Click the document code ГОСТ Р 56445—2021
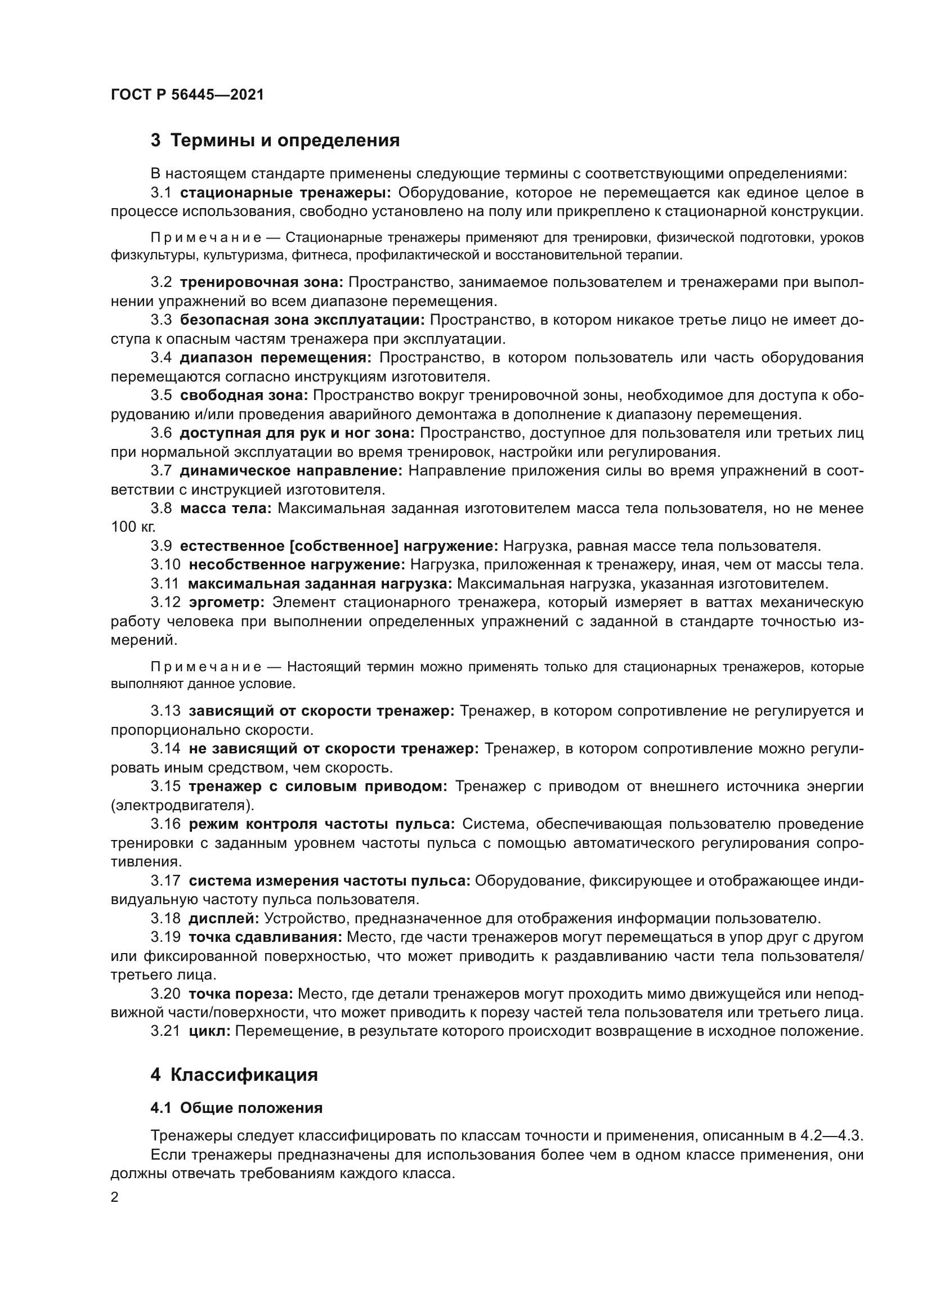[187, 95]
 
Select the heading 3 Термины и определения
[275, 141]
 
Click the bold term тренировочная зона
[261, 282]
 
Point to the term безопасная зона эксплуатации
[302, 320]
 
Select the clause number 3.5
[161, 396]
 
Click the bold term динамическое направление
[291, 471]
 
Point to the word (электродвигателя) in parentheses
[182, 805]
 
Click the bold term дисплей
[223, 919]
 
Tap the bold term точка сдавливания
[266, 938]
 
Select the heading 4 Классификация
[234, 1075]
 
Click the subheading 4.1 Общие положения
[236, 1108]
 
